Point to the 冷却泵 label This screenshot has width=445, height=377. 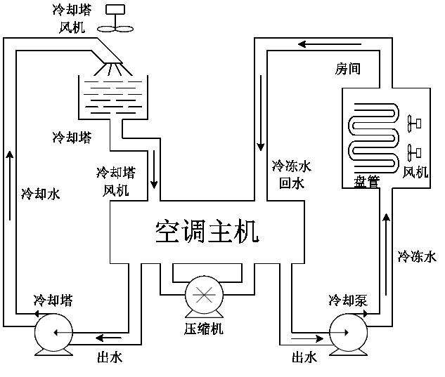point(347,300)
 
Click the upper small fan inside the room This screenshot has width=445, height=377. point(413,124)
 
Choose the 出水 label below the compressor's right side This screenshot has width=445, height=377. point(304,357)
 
